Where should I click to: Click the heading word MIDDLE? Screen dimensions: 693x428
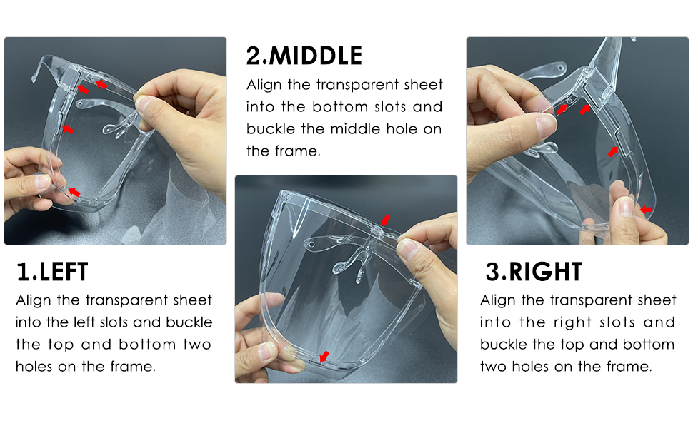[316, 56]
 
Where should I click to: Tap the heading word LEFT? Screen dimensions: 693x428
[64, 272]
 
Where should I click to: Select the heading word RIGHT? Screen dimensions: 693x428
[545, 272]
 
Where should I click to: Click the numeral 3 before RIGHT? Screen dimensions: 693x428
[492, 272]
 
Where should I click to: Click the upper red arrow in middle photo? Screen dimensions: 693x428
[385, 220]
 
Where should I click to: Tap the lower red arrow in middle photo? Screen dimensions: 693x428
[325, 356]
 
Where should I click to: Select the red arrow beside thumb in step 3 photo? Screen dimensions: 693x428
[646, 210]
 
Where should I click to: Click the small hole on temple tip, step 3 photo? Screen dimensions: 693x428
[561, 68]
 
